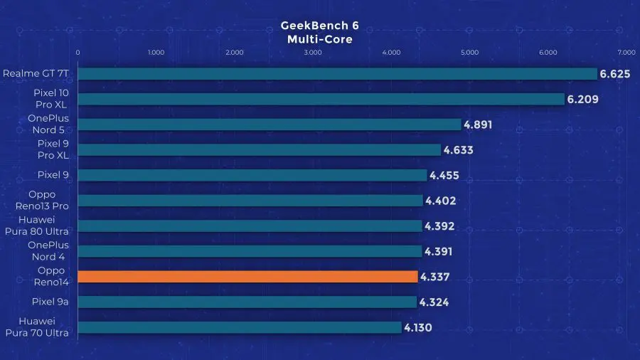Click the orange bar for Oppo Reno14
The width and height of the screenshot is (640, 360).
pos(247,277)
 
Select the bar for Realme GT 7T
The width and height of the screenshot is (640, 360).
pos(338,74)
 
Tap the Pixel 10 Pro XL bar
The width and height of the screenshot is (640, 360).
pos(321,99)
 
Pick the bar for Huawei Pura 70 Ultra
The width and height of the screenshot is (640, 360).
pos(240,327)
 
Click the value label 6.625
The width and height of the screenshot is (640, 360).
pos(614,74)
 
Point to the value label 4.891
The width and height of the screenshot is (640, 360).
pos(478,125)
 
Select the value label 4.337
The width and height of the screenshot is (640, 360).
pos(435,277)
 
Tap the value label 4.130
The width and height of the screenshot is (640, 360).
pos(418,327)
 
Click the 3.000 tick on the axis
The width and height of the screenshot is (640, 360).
pos(313,52)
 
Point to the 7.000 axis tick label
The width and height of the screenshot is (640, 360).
pos(626,52)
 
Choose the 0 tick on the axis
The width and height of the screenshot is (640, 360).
pos(78,52)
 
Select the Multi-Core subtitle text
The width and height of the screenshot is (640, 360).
pos(319,39)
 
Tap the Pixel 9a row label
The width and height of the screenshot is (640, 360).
pos(50,302)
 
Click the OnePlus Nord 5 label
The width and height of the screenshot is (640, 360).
pos(48,124)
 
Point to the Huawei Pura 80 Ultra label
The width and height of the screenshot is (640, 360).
pos(37,226)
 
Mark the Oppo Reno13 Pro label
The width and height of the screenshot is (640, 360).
pos(42,200)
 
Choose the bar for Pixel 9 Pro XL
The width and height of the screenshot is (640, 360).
pos(259,150)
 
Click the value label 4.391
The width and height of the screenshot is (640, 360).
pos(438,251)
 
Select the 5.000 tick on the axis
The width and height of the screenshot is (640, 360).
pos(469,52)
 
